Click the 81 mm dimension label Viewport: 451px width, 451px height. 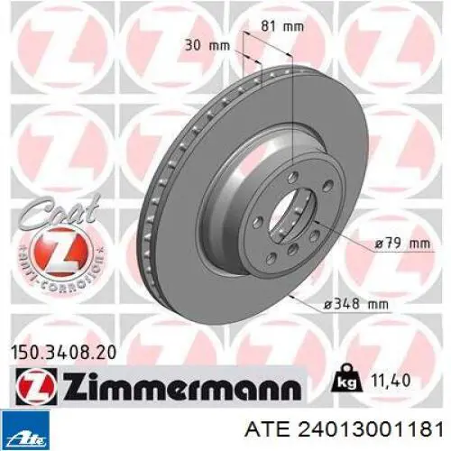[x=282, y=26]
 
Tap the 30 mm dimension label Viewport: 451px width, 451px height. [x=207, y=46]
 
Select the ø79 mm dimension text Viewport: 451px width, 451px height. [x=402, y=243]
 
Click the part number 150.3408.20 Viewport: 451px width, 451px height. [x=63, y=353]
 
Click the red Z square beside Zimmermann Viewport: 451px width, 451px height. [x=35, y=386]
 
